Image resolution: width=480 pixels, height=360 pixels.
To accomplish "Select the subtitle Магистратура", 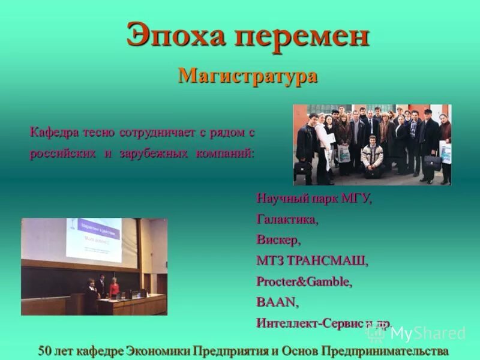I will coord(247,76).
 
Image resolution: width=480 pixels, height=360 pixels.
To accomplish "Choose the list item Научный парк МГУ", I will coord(314,199).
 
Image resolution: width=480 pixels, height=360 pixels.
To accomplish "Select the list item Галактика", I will coord(287,220).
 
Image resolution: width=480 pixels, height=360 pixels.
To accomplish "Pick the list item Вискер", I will coord(278,240).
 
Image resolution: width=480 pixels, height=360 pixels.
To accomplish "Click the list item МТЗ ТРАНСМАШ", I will coord(312,261).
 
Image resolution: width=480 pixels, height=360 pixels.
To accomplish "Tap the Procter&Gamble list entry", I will coord(304,281).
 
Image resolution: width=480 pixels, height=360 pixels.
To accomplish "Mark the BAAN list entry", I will coord(277,302).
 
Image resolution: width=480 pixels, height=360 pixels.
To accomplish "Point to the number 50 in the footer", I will coord(45,350).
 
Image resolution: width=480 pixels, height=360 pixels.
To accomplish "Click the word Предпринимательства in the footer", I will coord(385,350).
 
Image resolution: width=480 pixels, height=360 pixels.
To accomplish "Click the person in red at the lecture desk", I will coord(115,289).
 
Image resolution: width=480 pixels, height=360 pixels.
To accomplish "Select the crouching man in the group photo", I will coord(373,157).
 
